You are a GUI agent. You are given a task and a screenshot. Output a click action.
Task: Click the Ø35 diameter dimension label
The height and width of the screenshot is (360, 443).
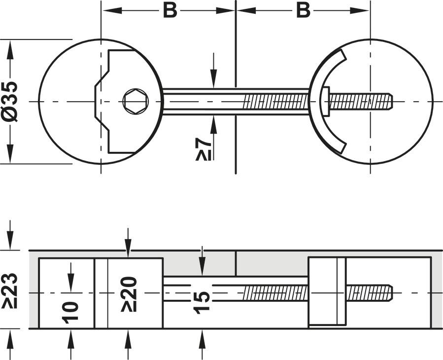(x=11, y=101)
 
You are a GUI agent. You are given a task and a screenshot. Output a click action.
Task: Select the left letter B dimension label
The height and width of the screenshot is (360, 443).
(x=170, y=10)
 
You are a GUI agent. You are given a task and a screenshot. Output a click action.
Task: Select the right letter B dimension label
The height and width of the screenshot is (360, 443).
(x=304, y=10)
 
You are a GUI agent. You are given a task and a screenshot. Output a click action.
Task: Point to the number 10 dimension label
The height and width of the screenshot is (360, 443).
(x=71, y=311)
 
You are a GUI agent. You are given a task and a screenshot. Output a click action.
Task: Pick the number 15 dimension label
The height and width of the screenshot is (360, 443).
(x=202, y=302)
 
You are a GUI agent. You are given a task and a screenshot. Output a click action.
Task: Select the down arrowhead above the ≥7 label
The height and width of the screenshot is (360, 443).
(x=213, y=82)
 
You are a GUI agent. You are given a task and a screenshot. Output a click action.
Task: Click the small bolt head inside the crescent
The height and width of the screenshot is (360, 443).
(x=326, y=102)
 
